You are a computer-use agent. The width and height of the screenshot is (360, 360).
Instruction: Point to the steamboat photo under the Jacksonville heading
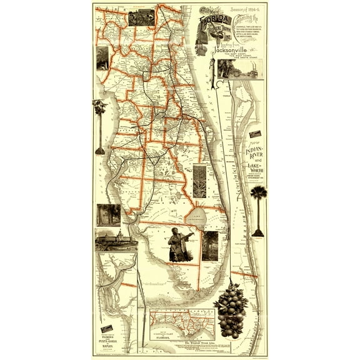click(240, 68)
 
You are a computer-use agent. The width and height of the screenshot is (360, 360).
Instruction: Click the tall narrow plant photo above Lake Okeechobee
click(199, 181)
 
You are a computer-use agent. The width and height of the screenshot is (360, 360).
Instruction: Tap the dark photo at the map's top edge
click(141, 17)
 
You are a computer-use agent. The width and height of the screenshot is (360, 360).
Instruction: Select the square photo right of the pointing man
click(210, 246)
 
